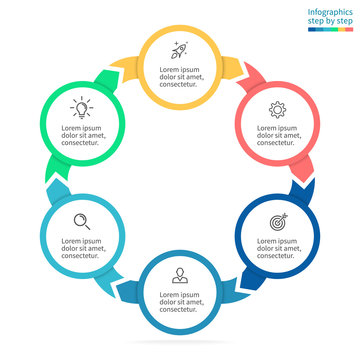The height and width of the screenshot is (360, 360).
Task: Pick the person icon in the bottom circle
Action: click(x=181, y=273)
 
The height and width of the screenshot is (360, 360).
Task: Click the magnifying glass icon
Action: click(x=83, y=220)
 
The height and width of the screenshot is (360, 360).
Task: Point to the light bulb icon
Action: click(x=80, y=105)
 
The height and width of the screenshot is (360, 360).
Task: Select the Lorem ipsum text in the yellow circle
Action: click(x=181, y=77)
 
